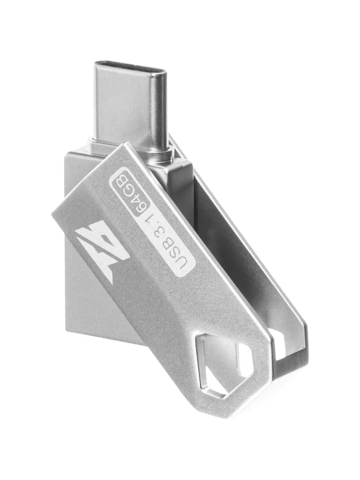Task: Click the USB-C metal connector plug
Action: click(x=131, y=103)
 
